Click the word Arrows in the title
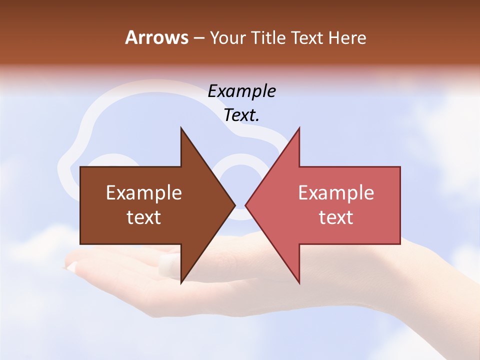[x=157, y=37]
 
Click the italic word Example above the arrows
[x=242, y=91]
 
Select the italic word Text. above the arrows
[x=242, y=115]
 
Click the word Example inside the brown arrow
[x=144, y=193]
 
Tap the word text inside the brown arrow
[x=144, y=217]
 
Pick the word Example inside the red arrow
[x=336, y=193]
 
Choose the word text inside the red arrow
[x=336, y=217]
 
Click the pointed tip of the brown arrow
[x=235, y=205]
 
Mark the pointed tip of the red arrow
[x=245, y=205]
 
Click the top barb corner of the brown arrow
[x=181, y=128]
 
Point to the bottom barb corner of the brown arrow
[x=181, y=283]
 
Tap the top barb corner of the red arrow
[x=299, y=128]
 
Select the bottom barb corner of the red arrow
[x=299, y=283]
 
